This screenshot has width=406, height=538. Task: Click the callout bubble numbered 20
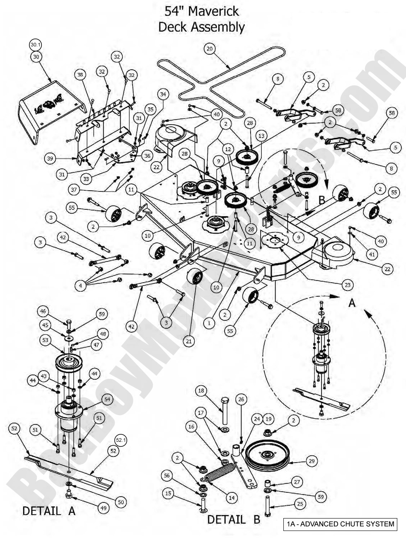click(x=210, y=48)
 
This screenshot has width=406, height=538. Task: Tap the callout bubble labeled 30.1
click(x=36, y=45)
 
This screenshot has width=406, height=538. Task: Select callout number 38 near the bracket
click(x=80, y=75)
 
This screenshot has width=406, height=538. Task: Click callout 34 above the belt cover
click(x=163, y=95)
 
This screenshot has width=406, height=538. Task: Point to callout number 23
click(x=347, y=285)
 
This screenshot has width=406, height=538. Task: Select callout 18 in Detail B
click(x=201, y=390)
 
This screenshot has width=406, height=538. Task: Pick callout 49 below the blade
click(x=103, y=507)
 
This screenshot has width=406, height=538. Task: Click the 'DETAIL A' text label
click(x=49, y=511)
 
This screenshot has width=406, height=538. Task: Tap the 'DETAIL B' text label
click(x=233, y=519)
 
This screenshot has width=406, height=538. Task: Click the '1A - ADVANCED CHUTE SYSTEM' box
click(x=340, y=524)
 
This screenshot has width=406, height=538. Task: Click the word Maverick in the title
click(x=213, y=11)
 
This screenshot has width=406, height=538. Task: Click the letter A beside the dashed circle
click(x=352, y=303)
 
